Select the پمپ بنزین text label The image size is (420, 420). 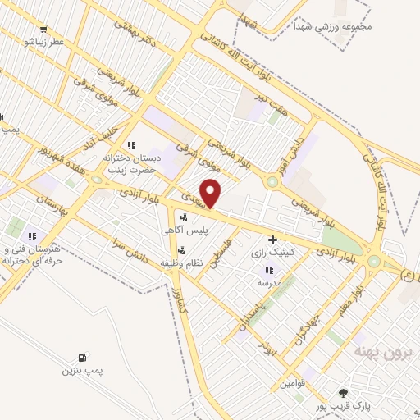point(80,372)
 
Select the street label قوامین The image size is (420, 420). point(295,382)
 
